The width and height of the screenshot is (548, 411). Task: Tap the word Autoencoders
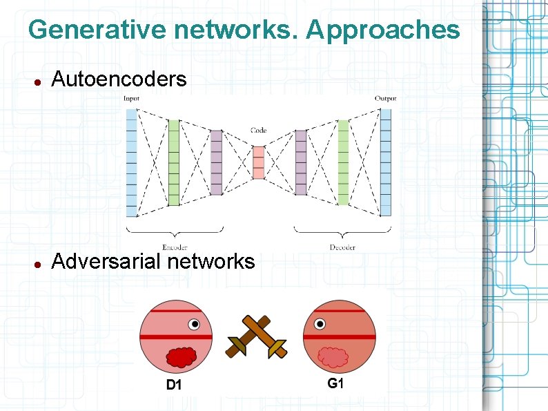(119, 79)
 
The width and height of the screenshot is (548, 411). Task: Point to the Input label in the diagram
(131, 99)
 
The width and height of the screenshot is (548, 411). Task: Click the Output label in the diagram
(385, 99)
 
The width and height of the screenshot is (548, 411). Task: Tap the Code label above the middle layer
(258, 130)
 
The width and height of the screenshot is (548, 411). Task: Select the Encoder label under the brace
(175, 247)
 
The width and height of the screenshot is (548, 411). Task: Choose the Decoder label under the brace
(342, 247)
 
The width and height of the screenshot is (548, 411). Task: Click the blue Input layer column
(132, 162)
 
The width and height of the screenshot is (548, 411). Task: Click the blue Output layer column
(385, 162)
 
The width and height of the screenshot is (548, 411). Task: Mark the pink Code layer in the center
(258, 162)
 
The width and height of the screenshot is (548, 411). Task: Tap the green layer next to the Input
(173, 162)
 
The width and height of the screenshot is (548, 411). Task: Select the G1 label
(334, 383)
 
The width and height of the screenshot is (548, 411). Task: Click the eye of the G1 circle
(320, 323)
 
